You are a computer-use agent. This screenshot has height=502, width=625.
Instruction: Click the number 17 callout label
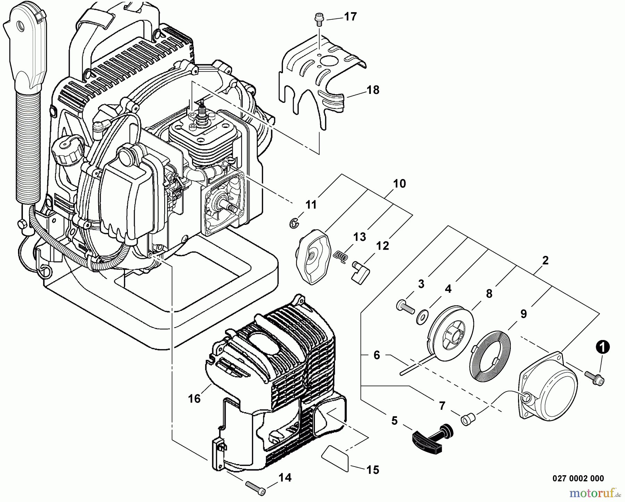[350, 16]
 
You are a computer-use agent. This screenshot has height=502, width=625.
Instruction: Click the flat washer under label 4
[423, 317]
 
